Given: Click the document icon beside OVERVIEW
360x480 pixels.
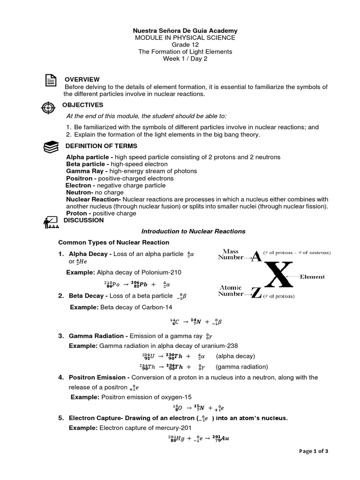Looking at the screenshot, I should click(x=50, y=81).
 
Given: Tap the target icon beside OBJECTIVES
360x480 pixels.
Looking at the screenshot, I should click(x=48, y=107).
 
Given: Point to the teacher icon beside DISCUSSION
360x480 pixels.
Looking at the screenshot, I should click(x=50, y=222).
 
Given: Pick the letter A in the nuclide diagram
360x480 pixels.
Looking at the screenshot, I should click(x=255, y=256).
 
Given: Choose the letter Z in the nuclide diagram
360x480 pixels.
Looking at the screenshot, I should click(x=255, y=294).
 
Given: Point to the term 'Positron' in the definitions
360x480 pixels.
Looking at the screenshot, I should click(x=79, y=179).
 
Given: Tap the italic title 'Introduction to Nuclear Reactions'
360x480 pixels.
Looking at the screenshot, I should click(x=193, y=231).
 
